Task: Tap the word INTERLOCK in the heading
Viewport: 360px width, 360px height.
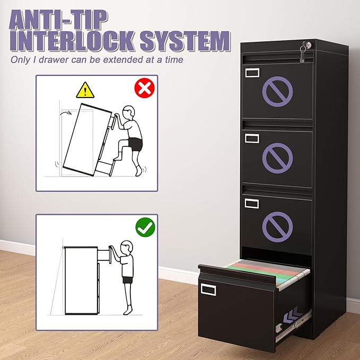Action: click(x=74, y=42)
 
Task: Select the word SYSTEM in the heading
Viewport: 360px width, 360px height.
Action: click(x=186, y=42)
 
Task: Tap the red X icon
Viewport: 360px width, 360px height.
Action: click(x=144, y=89)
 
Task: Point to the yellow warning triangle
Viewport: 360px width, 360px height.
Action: click(x=84, y=90)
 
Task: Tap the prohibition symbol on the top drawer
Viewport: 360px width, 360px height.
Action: click(x=278, y=90)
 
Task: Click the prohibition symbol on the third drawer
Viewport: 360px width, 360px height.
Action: click(x=278, y=225)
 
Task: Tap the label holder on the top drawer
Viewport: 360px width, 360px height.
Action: click(x=252, y=72)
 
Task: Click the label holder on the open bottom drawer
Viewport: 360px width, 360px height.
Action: click(x=208, y=288)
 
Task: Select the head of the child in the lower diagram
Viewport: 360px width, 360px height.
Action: click(x=127, y=248)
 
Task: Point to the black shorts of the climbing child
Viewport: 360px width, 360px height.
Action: click(x=136, y=144)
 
